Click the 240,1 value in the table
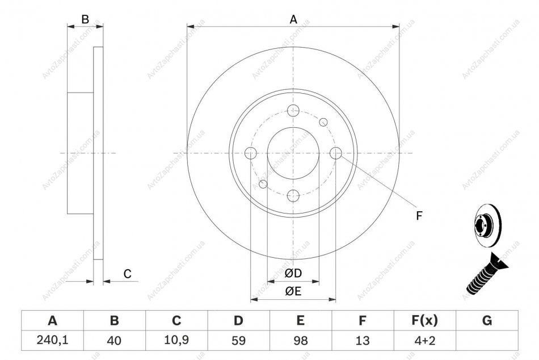(x=53, y=340)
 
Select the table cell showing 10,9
(x=176, y=340)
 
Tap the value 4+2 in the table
(x=425, y=340)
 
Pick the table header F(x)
(x=425, y=320)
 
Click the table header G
(x=487, y=320)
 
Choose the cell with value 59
(x=238, y=340)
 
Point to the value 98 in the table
(x=301, y=340)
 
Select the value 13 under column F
(x=363, y=340)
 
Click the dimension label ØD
(x=293, y=273)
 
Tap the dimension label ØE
(x=293, y=291)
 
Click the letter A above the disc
(x=293, y=20)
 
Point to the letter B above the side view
(x=85, y=20)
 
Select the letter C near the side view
(x=128, y=274)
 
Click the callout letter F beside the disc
(x=419, y=216)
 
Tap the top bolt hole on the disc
(x=293, y=111)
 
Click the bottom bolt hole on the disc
(x=293, y=196)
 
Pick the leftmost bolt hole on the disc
(x=251, y=153)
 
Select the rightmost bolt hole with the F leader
(x=336, y=153)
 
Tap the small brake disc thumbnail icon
(x=488, y=225)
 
